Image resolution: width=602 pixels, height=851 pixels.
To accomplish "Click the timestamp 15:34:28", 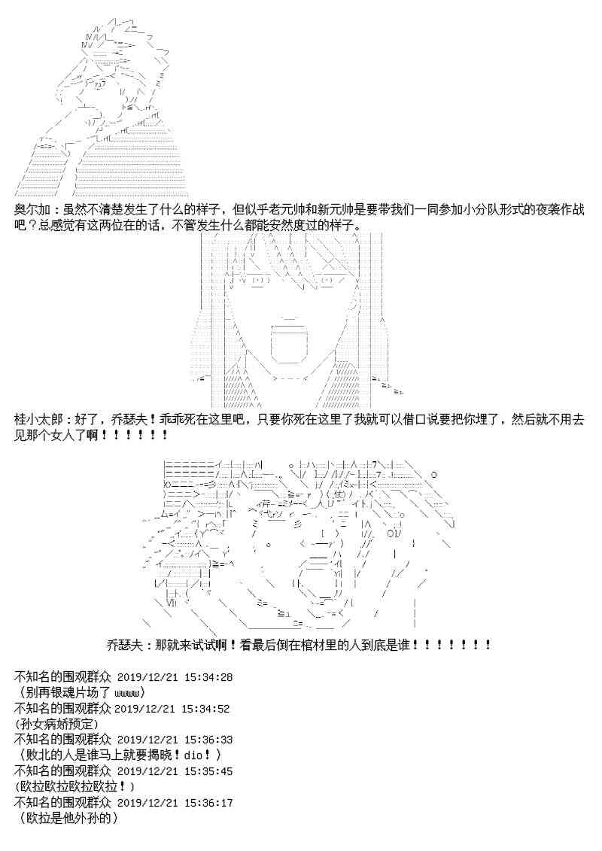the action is coord(208,677).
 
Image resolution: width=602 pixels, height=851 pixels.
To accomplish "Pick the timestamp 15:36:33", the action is coord(208,740).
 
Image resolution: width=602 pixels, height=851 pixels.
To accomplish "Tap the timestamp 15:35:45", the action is coord(208,771).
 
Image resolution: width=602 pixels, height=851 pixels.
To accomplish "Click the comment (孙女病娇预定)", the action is coord(56,724).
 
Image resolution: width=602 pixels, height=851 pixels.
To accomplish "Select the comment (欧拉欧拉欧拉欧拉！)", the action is coord(74,786).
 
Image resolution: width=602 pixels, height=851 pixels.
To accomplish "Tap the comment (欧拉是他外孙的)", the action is coord(65,818).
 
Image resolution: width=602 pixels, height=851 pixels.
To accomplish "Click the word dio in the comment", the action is coord(193,755).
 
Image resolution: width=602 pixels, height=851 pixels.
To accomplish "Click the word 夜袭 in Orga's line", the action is coord(523,209).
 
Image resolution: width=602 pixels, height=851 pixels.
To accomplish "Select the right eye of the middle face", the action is coord(329,281).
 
